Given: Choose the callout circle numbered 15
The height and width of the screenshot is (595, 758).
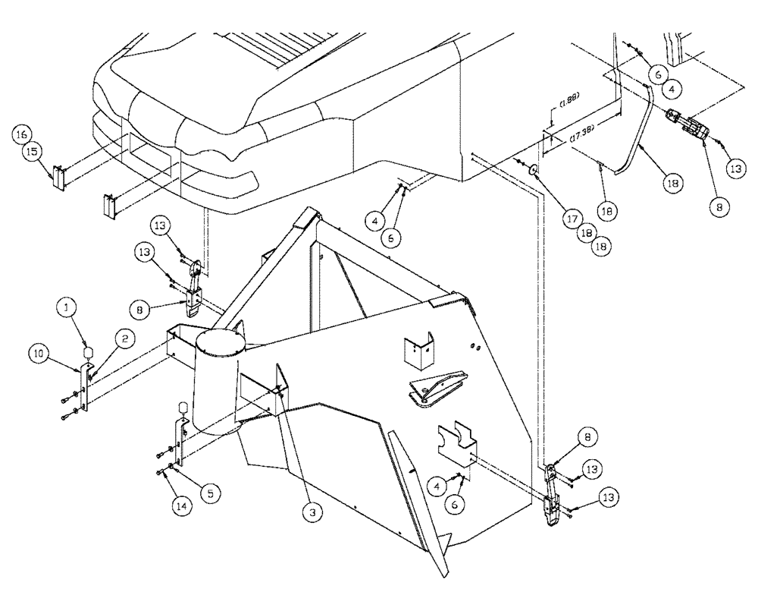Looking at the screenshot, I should (x=33, y=152).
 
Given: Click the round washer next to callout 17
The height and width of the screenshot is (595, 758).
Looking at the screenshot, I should (x=534, y=169).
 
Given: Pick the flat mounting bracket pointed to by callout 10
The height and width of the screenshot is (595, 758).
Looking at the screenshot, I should (x=86, y=387).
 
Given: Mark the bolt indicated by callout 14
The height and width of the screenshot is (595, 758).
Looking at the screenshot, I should (x=161, y=473).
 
